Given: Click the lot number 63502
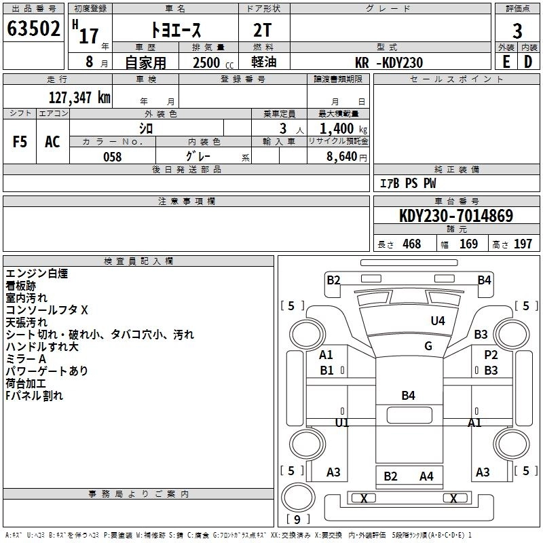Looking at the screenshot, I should (x=33, y=31).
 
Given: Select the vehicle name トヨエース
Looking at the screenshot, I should (x=174, y=31).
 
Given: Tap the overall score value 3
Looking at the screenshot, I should (x=517, y=31).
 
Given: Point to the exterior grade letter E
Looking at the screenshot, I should (x=506, y=62).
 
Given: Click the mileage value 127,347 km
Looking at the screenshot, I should (x=79, y=98).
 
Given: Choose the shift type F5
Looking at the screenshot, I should (x=20, y=142).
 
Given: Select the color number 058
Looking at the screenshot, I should (x=112, y=157).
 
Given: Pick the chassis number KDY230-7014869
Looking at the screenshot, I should (x=456, y=216).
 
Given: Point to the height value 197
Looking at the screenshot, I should (x=523, y=244).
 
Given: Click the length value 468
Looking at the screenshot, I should (x=411, y=244).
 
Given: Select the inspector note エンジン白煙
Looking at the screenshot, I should (x=37, y=274).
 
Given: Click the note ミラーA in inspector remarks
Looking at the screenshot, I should (x=26, y=359).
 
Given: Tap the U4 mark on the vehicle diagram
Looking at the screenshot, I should (x=438, y=321).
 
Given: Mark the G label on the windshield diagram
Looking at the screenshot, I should (x=428, y=346).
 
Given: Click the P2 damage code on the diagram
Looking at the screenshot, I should (x=491, y=355).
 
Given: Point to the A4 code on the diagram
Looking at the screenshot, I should (x=426, y=476).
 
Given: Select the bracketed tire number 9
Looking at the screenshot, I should (x=298, y=520).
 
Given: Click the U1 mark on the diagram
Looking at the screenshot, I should (x=342, y=422).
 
